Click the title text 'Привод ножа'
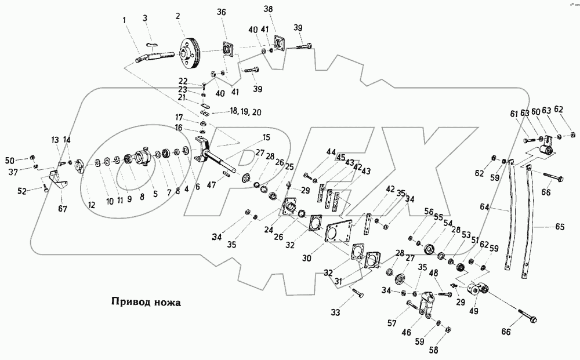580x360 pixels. (x=144, y=301)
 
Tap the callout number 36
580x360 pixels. (x=223, y=12)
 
